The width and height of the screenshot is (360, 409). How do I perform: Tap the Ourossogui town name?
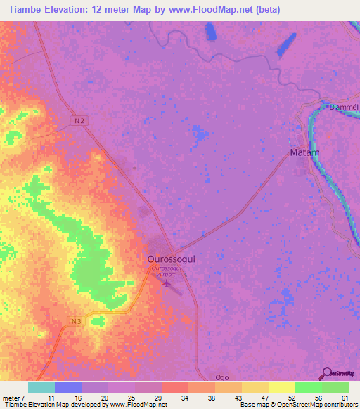172,259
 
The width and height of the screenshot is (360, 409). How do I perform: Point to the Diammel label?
344,108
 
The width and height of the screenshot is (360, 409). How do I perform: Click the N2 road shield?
81,121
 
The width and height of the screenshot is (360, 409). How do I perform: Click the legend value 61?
344,398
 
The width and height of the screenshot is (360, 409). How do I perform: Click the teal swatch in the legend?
41,387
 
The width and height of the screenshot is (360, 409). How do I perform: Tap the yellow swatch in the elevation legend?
282,387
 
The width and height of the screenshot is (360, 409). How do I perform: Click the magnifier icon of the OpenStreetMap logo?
326,374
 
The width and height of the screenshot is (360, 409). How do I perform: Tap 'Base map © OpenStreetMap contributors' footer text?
299,405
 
